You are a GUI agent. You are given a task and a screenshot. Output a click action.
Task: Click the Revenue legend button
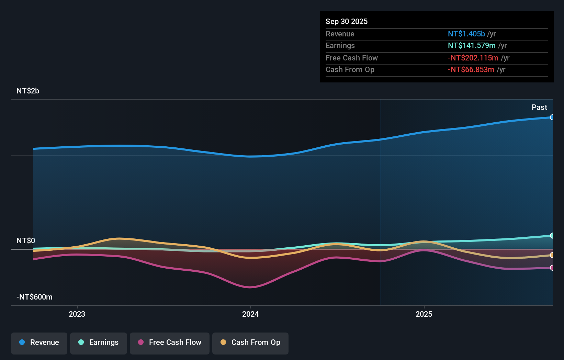tap(39, 342)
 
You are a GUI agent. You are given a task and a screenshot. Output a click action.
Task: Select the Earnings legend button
tap(99, 342)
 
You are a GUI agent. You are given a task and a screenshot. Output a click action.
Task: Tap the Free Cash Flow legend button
tap(170, 342)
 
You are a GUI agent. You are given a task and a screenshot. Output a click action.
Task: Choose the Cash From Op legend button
tap(250, 342)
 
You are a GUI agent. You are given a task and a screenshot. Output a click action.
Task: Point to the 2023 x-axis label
tap(77, 314)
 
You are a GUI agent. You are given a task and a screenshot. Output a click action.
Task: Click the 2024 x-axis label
tap(250, 314)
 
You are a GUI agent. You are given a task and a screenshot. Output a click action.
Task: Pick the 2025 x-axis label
tap(424, 314)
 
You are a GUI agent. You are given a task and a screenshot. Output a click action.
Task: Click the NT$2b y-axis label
tap(28, 91)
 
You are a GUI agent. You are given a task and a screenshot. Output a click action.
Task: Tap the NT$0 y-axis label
tap(26, 241)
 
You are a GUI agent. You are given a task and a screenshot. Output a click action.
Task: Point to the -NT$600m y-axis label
tap(34, 297)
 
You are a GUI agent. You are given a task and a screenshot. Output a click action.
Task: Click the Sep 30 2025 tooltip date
tap(347, 22)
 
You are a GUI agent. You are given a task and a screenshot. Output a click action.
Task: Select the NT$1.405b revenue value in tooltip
tap(466, 34)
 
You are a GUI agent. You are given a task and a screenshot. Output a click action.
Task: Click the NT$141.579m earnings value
tap(472, 46)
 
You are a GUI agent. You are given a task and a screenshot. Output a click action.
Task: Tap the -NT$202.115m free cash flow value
tap(473, 58)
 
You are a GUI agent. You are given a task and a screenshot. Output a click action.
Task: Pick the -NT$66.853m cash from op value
tap(471, 70)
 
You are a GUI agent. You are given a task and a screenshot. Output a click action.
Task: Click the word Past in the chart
tap(539, 108)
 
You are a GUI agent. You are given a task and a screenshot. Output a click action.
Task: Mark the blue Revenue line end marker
tap(552, 117)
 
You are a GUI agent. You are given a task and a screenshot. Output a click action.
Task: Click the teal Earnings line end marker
tap(552, 236)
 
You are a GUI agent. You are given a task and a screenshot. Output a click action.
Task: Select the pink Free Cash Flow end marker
tap(552, 268)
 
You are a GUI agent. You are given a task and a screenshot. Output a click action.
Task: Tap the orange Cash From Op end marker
tap(552, 255)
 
